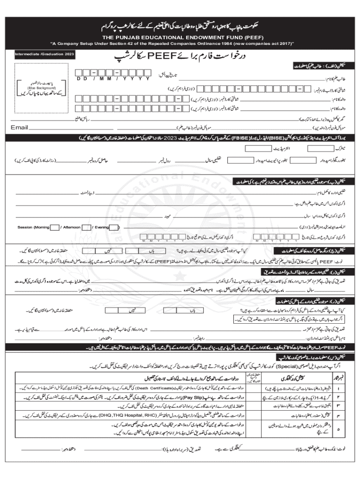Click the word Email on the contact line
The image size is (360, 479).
pos(19,127)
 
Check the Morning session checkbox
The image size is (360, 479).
pos(55,227)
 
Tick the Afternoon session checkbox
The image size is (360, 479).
pos(86,227)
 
